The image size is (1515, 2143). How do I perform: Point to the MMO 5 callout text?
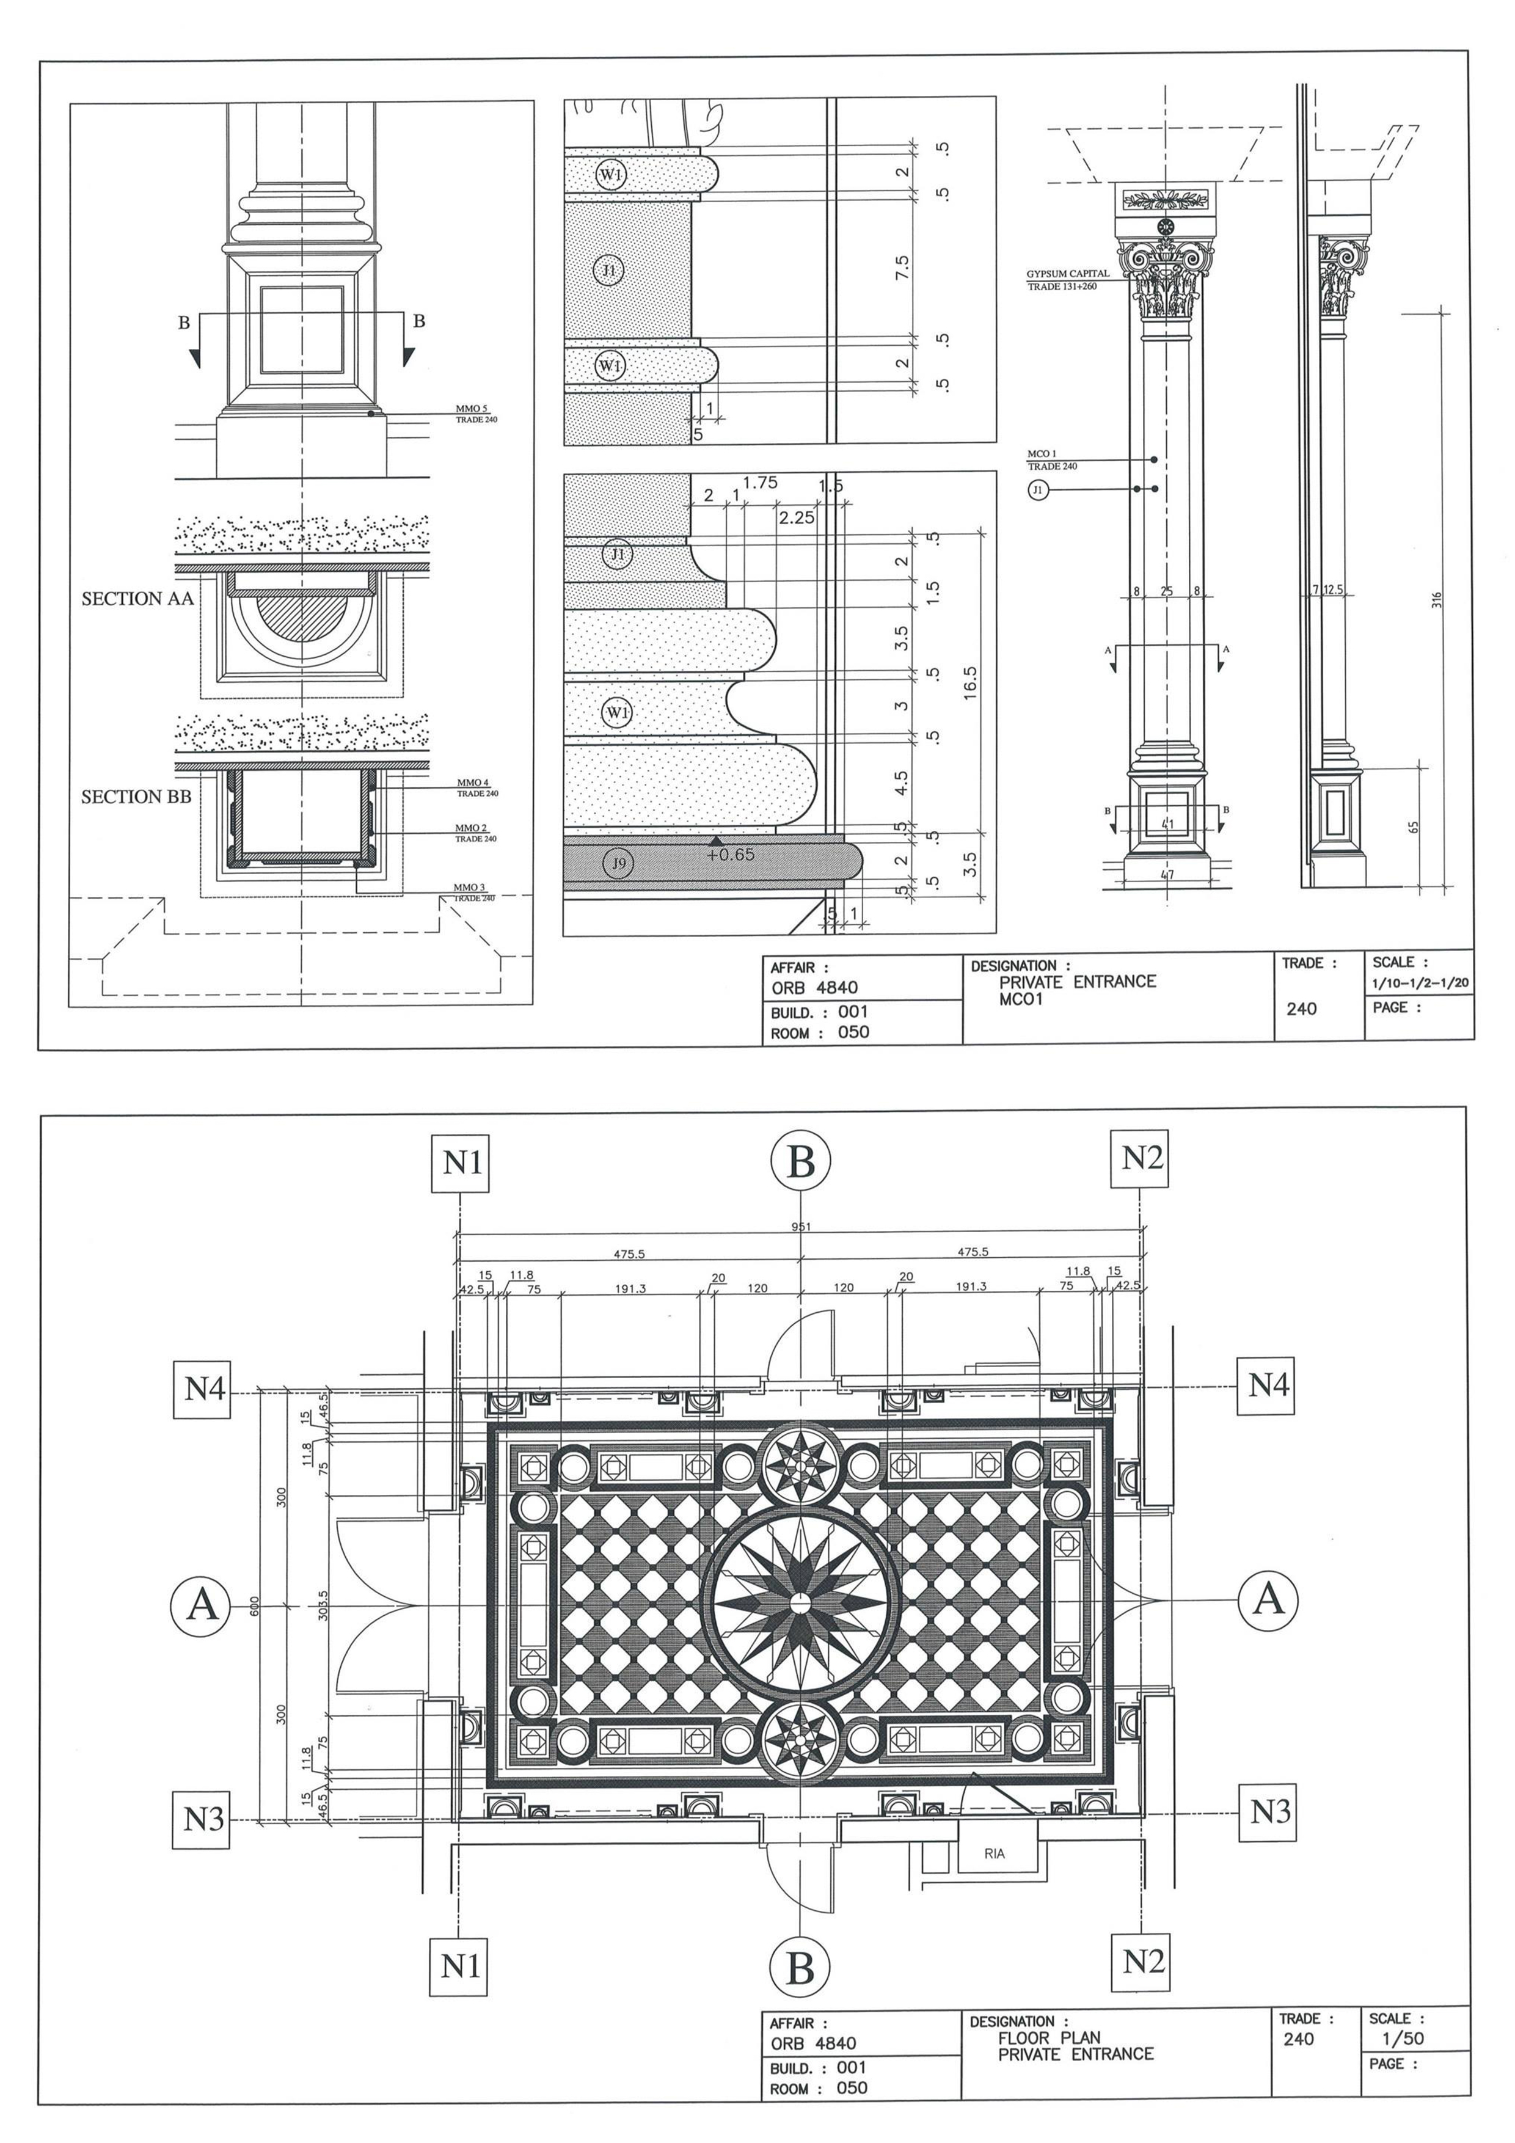point(472,409)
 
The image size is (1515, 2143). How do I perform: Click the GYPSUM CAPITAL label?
point(1068,274)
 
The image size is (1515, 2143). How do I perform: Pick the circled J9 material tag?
point(618,863)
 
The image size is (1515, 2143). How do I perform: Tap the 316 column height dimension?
point(1437,600)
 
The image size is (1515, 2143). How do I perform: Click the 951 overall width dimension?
point(801,1227)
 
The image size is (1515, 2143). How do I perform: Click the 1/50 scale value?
point(1402,2039)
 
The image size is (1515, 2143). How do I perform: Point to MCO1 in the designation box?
point(1020,999)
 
